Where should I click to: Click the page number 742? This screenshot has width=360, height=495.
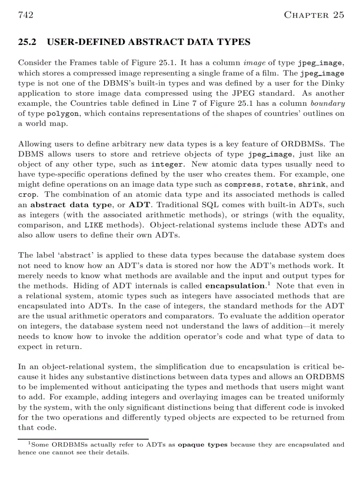pos(26,15)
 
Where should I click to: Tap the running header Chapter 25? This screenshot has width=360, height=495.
pos(314,15)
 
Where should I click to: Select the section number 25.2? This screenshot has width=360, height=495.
pos(27,42)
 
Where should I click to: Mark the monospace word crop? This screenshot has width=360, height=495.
pos(27,195)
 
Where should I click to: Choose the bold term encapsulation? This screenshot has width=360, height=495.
pos(235,286)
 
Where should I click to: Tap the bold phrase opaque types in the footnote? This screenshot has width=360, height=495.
pos(202,445)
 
